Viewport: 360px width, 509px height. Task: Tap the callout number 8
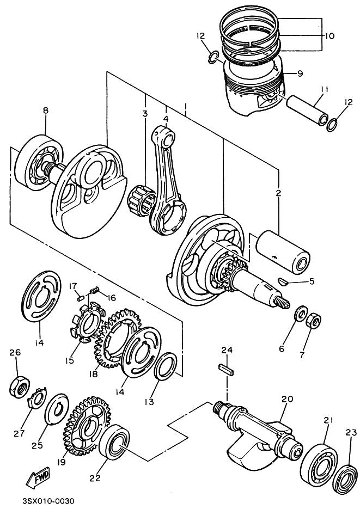pos(46,111)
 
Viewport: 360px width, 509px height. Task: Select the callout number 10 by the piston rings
pos(330,36)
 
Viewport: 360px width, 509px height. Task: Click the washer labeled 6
pos(300,315)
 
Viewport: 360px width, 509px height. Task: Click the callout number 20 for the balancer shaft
pos(288,399)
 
